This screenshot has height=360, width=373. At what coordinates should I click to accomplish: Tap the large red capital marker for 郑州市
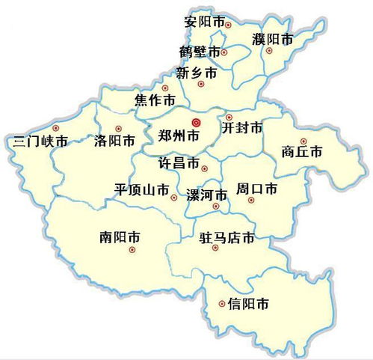(196, 123)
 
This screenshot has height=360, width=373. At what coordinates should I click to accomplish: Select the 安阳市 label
(204, 21)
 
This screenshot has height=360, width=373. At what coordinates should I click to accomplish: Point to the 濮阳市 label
(273, 39)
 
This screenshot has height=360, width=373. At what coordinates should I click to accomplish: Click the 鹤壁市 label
(200, 52)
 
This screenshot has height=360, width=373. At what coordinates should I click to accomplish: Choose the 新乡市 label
(197, 73)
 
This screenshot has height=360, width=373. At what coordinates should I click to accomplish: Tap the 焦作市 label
(155, 100)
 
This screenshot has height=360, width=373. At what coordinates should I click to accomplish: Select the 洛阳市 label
(115, 140)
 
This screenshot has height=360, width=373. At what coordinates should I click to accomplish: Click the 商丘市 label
(303, 152)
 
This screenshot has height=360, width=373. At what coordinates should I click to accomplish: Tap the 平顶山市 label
(141, 190)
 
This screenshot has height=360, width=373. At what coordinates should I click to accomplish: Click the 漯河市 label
(206, 195)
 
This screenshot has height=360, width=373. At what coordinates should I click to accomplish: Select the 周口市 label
(256, 187)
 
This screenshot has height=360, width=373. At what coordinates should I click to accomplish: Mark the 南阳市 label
(120, 237)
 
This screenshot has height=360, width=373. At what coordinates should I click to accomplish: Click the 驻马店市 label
(226, 239)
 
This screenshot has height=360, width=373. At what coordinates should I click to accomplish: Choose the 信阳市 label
(248, 304)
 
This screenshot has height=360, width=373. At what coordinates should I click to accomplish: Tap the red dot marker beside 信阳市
(222, 303)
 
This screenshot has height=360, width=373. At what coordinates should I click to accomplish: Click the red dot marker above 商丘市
(303, 141)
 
